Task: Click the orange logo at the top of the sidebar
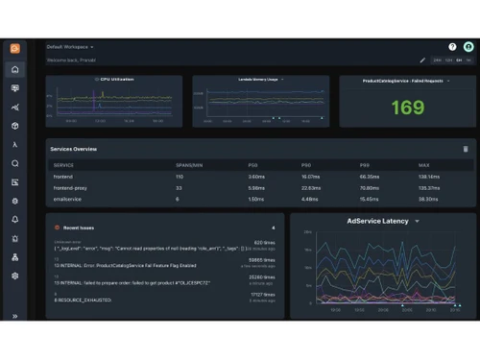tap(14, 48)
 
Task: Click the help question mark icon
tap(452, 46)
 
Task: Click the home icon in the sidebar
tap(14, 69)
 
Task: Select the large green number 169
tap(407, 108)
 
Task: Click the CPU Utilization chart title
tap(117, 80)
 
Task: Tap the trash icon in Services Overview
tap(466, 149)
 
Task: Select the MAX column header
tap(425, 165)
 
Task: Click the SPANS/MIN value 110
tap(179, 177)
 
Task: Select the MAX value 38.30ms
tap(429, 199)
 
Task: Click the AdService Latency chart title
tap(377, 221)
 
